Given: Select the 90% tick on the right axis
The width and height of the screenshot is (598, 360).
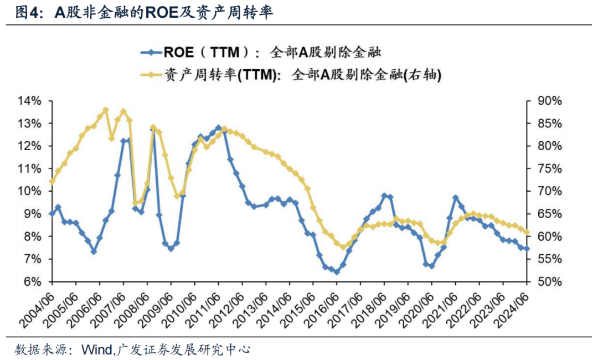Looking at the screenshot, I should tap(550, 101).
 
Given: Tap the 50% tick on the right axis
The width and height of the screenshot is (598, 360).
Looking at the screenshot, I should tap(550, 282).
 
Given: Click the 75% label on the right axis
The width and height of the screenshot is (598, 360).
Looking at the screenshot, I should tap(550, 169).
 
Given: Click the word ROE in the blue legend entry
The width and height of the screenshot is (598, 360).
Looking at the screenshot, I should tap(178, 53).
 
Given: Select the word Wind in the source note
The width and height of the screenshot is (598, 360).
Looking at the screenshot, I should tap(97, 349).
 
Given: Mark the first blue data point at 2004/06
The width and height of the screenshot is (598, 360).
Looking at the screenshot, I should tap(52, 213).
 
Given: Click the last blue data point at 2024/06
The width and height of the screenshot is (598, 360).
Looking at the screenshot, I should tap(527, 249).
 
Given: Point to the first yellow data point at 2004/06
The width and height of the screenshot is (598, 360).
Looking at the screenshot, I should tap(52, 181).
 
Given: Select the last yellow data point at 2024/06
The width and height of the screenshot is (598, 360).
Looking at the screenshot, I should tap(527, 233).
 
